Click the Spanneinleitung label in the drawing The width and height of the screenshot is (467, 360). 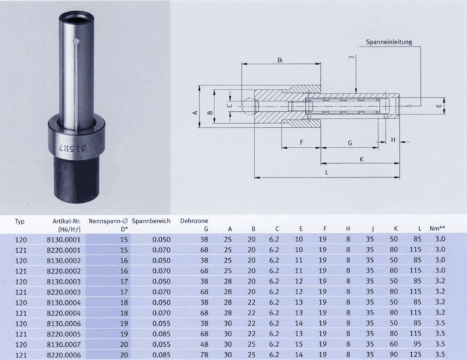[389, 41]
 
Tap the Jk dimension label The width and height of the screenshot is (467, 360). [280, 60]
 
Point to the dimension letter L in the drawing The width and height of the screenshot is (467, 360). [327, 172]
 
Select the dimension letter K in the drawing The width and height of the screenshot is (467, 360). [361, 159]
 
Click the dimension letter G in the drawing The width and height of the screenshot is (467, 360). [350, 143]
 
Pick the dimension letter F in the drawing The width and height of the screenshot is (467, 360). [301, 142]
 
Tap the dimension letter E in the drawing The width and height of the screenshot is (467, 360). [439, 106]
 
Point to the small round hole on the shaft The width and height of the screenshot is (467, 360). [76, 41]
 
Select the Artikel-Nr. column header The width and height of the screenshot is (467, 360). [66, 225]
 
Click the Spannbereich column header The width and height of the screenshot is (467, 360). [151, 221]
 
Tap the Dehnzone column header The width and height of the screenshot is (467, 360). [194, 221]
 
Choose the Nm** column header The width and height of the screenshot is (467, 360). [437, 228]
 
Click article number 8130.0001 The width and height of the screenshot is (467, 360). [64, 240]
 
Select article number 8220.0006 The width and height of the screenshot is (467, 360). [64, 355]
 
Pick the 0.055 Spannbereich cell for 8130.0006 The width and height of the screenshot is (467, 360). [161, 323]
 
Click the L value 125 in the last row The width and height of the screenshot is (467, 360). [416, 355]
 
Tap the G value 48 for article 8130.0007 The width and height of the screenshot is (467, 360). [205, 344]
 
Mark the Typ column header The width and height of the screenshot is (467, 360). [20, 222]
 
